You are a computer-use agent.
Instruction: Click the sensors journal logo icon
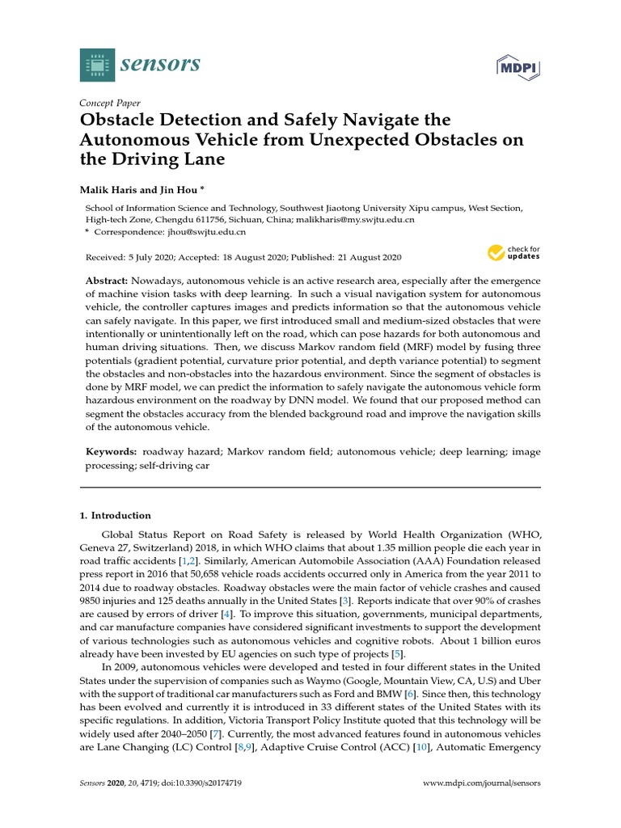pos(97,65)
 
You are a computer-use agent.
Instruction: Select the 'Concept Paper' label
pos(109,103)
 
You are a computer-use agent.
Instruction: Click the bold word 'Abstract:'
pos(108,279)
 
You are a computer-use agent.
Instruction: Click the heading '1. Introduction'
pos(115,515)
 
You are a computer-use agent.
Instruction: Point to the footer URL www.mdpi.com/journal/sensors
pos(483,784)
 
